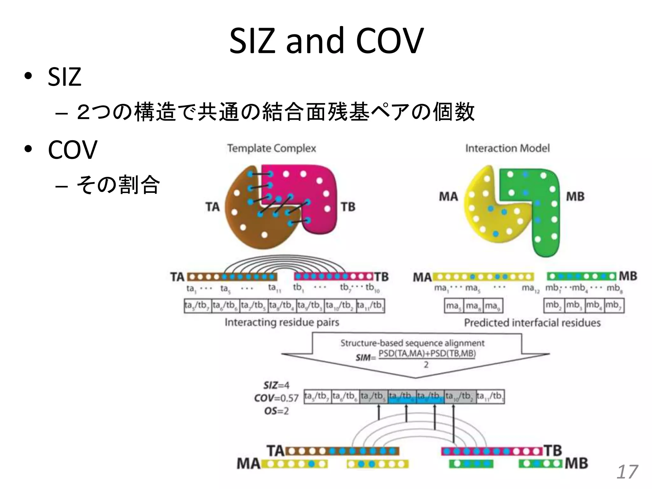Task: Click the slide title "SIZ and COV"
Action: point(326,41)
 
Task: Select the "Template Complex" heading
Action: point(272,148)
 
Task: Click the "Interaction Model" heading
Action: point(507,148)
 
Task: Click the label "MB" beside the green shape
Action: point(575,196)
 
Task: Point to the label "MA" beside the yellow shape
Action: point(448,196)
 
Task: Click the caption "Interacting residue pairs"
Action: point(282,322)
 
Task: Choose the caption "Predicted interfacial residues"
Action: point(532,323)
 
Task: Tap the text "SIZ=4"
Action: point(276,386)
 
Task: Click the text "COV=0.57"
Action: point(276,398)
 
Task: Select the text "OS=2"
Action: point(276,411)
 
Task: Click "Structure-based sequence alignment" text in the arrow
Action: point(412,343)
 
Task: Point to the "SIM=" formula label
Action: point(365,358)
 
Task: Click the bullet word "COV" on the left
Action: point(72,150)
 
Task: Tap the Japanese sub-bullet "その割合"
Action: point(118,185)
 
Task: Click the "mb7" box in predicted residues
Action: point(614,305)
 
